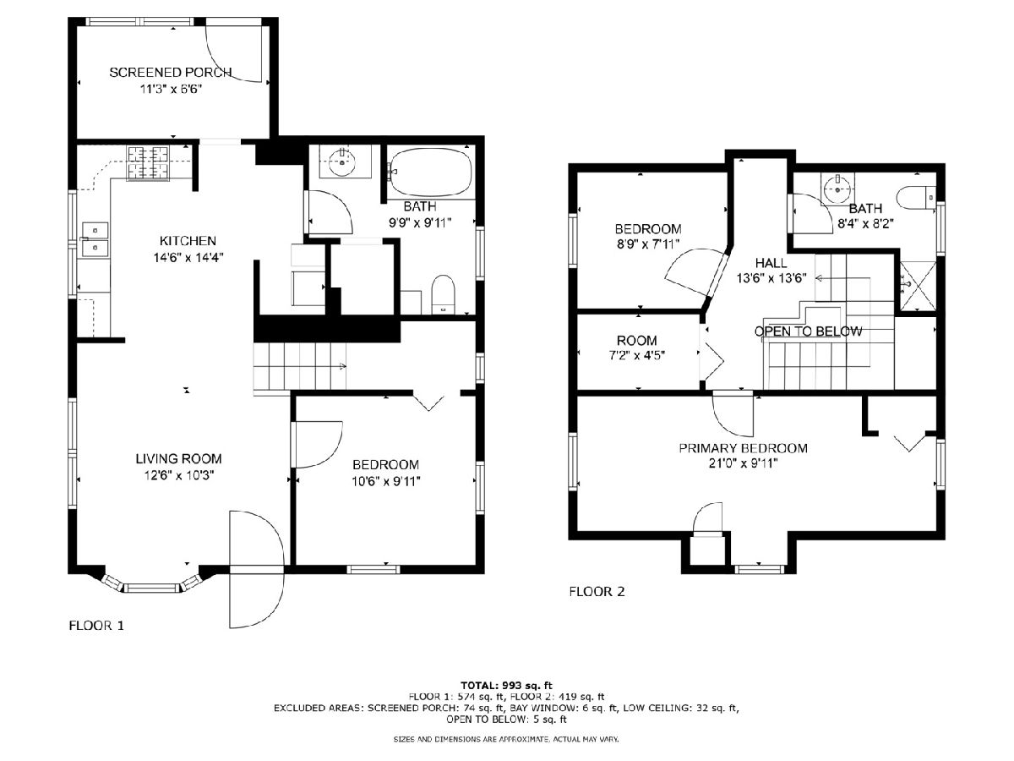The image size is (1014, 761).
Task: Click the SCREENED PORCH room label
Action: [x=171, y=72]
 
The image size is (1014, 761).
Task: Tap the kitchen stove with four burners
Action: [x=148, y=162]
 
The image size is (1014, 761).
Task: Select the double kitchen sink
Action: [x=95, y=239]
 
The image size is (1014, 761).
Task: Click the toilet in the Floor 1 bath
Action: [x=443, y=295]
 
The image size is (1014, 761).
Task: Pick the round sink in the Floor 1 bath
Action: [x=342, y=162]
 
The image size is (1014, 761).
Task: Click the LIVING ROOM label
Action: [x=178, y=459]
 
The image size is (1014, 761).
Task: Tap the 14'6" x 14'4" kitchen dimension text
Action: [x=188, y=257]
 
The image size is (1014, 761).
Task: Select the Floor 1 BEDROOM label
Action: [x=385, y=464]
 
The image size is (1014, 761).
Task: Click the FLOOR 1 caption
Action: [x=96, y=626]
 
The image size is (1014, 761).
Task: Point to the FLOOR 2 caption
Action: [x=597, y=591]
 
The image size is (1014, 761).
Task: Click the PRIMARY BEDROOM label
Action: [x=744, y=448]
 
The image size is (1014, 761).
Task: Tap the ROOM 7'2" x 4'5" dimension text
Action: [x=636, y=355]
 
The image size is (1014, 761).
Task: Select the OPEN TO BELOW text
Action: [x=808, y=331]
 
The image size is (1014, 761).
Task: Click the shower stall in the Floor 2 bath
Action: [x=919, y=286]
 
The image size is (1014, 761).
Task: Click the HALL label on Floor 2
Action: [x=771, y=263]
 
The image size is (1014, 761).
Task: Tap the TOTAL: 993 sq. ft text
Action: [x=506, y=685]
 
